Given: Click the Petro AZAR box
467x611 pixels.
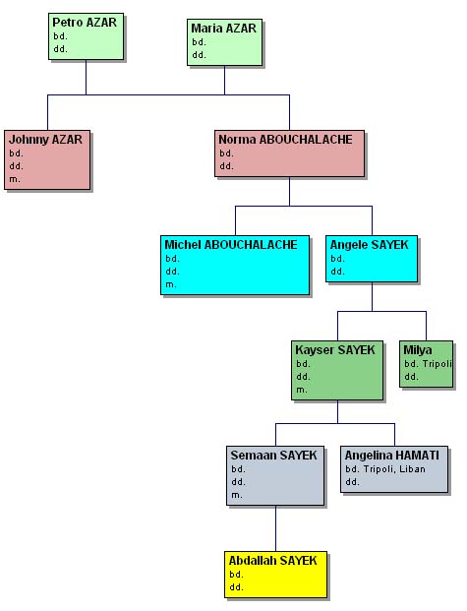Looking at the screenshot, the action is [87, 36].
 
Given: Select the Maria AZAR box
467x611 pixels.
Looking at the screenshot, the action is [225, 42].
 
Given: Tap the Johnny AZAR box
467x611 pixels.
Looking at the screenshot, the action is [47, 160].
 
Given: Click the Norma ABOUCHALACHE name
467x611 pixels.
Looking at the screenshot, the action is [285, 140].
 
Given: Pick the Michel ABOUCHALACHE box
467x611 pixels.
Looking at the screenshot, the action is [235, 266].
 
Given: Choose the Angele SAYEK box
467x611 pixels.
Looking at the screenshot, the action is [372, 259].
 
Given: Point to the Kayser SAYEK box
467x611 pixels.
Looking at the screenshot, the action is [337, 371].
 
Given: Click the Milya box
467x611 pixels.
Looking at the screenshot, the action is [427, 364].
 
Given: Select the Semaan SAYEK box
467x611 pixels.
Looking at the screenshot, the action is [275, 476].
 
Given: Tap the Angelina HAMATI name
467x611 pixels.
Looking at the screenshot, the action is [392, 456].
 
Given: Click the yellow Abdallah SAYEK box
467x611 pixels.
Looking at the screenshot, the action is [275, 575].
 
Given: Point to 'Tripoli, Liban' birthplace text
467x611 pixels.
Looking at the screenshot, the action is [394, 469].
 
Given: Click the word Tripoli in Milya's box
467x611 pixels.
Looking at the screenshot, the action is [437, 364].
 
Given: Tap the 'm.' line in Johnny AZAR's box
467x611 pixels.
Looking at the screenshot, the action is [15, 180].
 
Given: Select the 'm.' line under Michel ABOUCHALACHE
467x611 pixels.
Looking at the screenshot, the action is [171, 285].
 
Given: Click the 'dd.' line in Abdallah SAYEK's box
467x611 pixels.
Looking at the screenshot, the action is [236, 587].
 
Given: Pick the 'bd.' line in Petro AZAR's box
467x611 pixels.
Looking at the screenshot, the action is [60, 36].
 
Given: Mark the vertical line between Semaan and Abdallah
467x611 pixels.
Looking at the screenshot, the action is [275, 528].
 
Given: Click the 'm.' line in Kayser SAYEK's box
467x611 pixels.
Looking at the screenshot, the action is [302, 390].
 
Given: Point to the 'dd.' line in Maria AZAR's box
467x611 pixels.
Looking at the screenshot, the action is [199, 55].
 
